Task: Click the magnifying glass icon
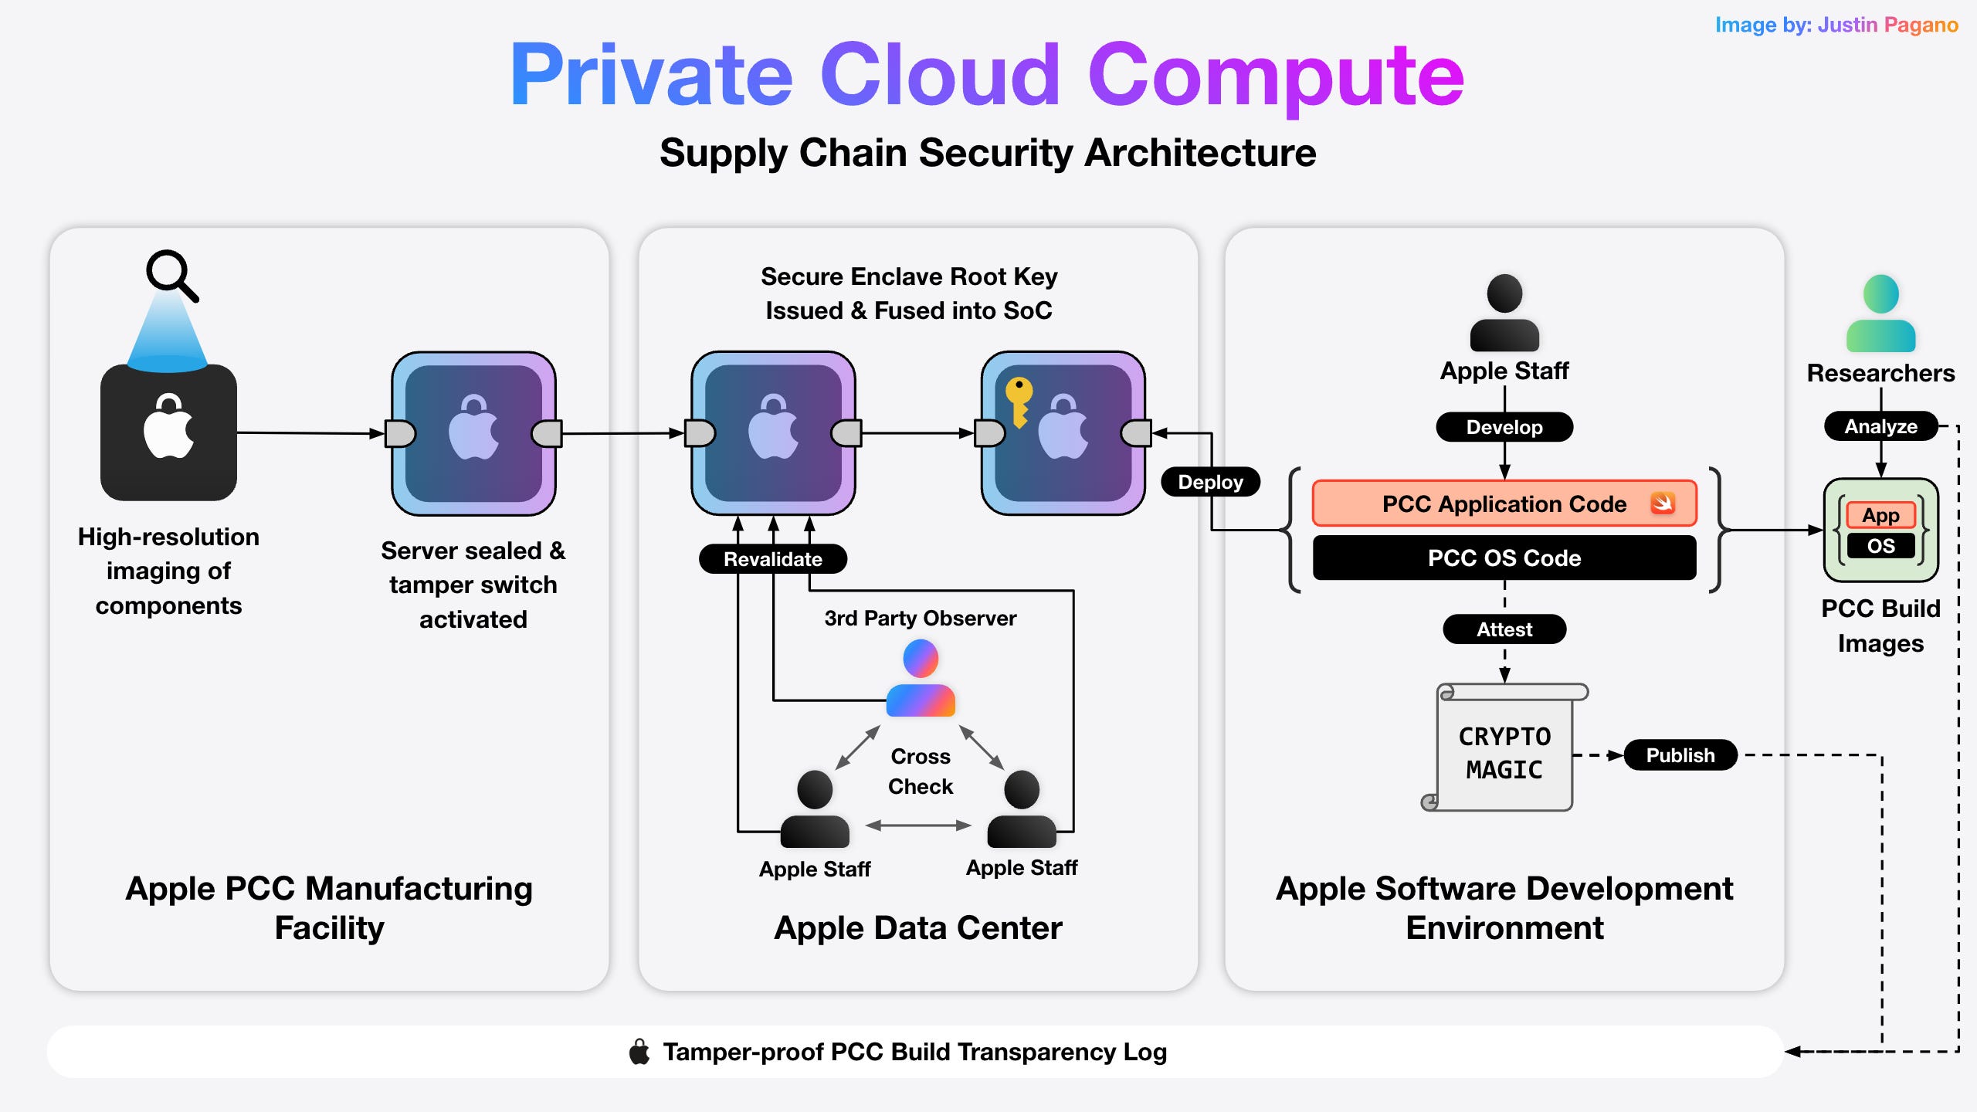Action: [x=171, y=274]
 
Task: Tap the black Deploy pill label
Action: [x=1210, y=482]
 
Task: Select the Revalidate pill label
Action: [x=772, y=558]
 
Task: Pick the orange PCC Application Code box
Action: [x=1504, y=503]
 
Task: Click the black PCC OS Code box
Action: [x=1504, y=558]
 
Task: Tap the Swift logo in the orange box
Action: [x=1662, y=503]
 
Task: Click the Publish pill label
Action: [x=1680, y=754]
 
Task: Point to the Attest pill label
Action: [x=1504, y=629]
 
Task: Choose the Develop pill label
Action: [x=1504, y=426]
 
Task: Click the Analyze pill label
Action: [x=1880, y=425]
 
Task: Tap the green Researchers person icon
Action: [x=1880, y=314]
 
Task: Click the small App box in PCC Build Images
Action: [x=1880, y=514]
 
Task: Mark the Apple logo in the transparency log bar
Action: [x=639, y=1051]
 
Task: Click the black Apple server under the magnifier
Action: [x=168, y=432]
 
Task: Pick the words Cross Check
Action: [x=920, y=771]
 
